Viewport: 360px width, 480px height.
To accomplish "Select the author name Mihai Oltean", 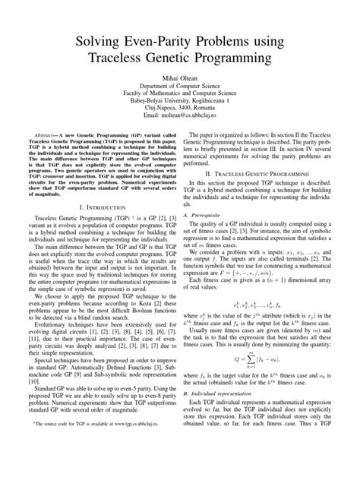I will (180, 77).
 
